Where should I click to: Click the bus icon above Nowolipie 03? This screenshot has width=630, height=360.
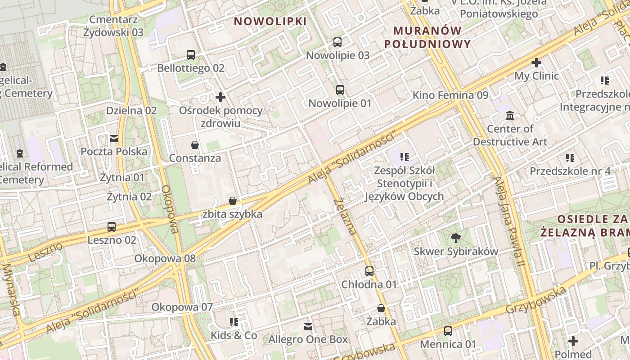click(337, 42)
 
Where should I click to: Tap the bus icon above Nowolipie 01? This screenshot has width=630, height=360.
click(340, 90)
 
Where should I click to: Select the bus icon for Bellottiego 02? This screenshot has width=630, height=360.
click(191, 55)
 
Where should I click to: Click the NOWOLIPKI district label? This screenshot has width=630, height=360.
click(270, 21)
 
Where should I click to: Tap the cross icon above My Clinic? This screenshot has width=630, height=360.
click(536, 63)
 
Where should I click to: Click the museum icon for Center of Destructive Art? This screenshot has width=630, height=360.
click(510, 116)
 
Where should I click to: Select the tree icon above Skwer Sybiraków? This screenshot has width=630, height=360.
click(456, 238)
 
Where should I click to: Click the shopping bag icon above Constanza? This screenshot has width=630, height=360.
click(195, 145)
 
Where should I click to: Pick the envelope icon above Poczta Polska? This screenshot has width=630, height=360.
click(114, 139)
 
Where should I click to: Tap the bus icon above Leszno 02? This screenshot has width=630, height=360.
click(112, 227)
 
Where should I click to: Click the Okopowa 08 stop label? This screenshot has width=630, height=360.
click(165, 259)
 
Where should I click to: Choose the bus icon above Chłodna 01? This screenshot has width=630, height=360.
click(369, 271)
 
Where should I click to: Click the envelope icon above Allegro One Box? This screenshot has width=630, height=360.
click(308, 326)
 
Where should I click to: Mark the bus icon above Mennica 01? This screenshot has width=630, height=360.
click(448, 331)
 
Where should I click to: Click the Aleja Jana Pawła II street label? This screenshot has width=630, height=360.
click(509, 221)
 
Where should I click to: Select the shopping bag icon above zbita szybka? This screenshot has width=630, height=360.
click(233, 201)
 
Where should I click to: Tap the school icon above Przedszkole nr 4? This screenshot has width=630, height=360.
click(570, 158)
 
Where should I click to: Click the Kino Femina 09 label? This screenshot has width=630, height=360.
click(450, 95)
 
